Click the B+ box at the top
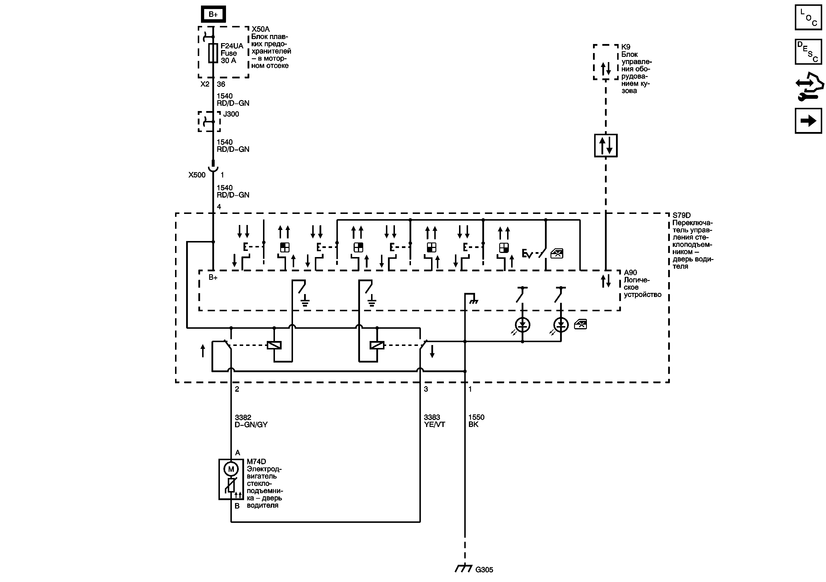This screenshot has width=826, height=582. point(213,14)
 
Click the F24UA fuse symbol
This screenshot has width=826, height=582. point(213,53)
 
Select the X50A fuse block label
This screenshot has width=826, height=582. point(260,29)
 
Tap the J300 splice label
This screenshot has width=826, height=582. point(231,114)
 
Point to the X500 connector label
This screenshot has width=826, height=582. point(197,175)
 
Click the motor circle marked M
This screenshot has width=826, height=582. point(231,469)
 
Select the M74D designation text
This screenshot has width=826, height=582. point(256,461)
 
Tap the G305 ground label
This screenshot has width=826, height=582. point(484,570)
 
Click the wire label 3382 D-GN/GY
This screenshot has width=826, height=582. point(251,421)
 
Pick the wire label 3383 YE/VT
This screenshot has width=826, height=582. point(434,421)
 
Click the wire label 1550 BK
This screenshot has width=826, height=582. point(476,421)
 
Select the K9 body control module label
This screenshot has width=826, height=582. point(626,47)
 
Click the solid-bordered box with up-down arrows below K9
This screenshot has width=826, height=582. point(606,145)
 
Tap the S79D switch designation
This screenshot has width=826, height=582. point(681,215)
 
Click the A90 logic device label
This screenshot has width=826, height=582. point(630,273)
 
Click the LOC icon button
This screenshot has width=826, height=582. point(808,17)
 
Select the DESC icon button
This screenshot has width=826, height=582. point(808,52)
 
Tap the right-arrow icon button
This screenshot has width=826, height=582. point(808,121)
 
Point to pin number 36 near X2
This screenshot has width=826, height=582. point(221,84)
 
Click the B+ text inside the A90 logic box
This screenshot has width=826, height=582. point(213,277)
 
